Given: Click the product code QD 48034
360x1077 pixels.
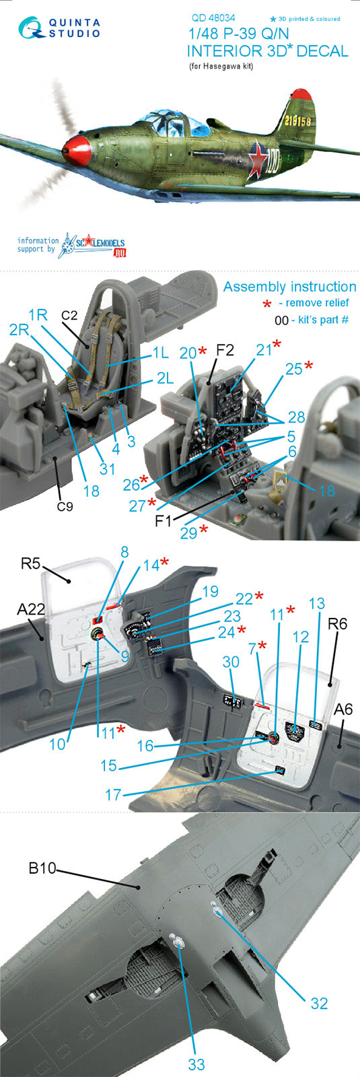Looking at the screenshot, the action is [213, 18].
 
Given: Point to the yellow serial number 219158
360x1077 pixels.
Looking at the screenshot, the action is [297, 120].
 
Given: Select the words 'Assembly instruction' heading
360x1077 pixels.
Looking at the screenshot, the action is [290, 287].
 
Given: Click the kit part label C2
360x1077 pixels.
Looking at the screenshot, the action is [69, 315].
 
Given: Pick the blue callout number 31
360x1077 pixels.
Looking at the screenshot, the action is [107, 468].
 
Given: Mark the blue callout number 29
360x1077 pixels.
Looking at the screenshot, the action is [189, 532].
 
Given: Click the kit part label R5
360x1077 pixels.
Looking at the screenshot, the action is [30, 563].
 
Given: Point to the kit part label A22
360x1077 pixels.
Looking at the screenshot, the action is [31, 609].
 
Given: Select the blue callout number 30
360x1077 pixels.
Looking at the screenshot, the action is [231, 662].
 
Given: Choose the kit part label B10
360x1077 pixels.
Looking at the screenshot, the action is [42, 868].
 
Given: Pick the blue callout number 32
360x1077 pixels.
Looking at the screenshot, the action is [319, 1003].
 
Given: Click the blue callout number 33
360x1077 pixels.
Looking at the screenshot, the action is [196, 1064].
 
